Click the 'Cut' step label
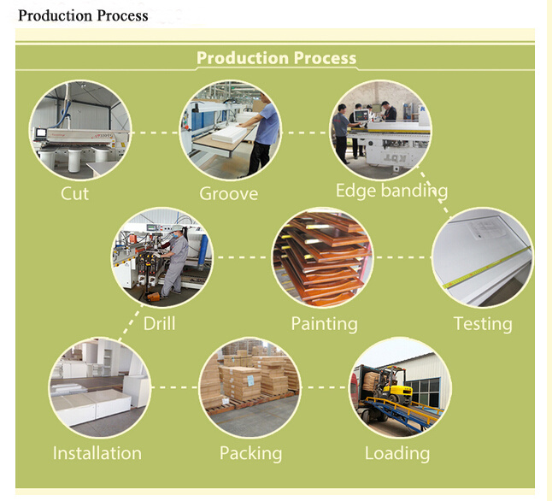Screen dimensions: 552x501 tap(74, 193)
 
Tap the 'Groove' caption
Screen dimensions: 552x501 tap(228, 194)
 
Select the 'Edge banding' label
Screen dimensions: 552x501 tap(391, 191)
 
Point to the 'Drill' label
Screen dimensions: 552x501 tap(159, 323)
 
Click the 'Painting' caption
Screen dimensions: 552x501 tap(324, 324)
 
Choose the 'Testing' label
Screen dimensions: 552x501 tap(483, 324)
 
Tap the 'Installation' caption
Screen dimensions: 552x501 tap(97, 453)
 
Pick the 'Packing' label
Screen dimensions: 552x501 tap(250, 454)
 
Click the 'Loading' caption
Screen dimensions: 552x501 tap(397, 454)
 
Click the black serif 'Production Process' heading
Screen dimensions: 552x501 tap(83, 15)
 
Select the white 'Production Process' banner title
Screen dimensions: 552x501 tap(276, 58)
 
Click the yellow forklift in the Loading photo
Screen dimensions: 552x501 tap(391, 386)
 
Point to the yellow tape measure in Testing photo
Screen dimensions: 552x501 tap(488, 267)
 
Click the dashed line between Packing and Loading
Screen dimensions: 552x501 tap(325, 387)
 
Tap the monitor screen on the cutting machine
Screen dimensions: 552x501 tap(41, 133)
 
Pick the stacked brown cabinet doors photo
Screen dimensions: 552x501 tap(322, 257)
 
